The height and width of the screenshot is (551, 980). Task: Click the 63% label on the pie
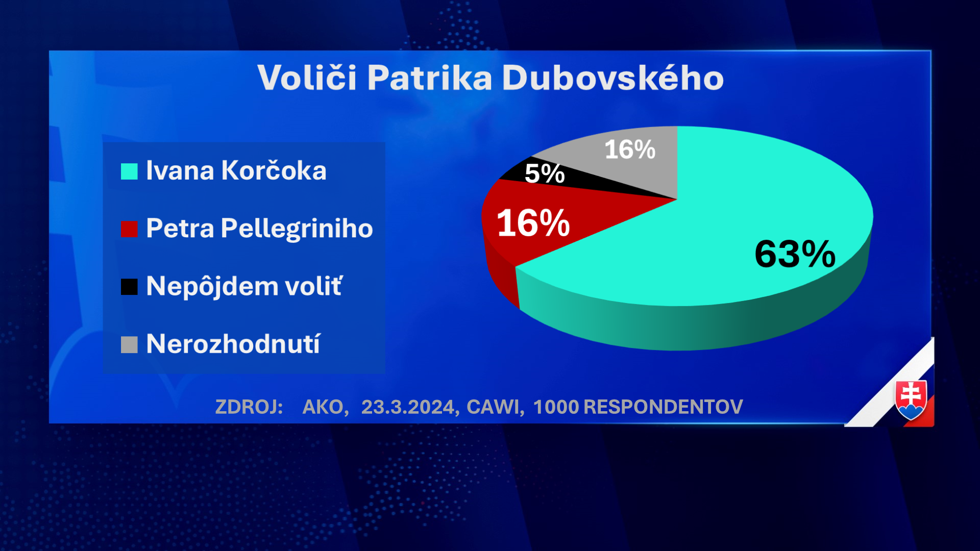795,254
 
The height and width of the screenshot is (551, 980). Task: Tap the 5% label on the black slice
545,173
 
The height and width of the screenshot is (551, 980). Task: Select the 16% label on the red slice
533,223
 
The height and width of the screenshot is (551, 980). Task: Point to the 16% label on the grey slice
630,149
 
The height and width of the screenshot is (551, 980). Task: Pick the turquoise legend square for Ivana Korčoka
129,171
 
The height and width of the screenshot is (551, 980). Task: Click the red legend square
129,229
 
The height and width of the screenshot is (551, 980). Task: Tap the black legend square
129,287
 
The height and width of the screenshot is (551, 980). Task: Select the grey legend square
129,344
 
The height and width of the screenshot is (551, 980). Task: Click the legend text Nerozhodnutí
233,343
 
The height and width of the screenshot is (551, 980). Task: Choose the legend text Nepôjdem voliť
244,286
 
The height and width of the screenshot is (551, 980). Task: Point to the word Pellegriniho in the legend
297,228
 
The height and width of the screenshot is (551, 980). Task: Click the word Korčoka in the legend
274,170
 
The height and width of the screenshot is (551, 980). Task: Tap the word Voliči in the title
307,78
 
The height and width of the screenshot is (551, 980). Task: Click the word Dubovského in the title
613,78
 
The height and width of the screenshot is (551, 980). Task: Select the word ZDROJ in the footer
248,407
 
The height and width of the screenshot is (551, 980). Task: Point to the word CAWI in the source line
494,407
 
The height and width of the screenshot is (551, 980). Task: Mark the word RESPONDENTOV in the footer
663,407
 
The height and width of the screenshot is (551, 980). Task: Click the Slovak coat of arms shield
911,400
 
